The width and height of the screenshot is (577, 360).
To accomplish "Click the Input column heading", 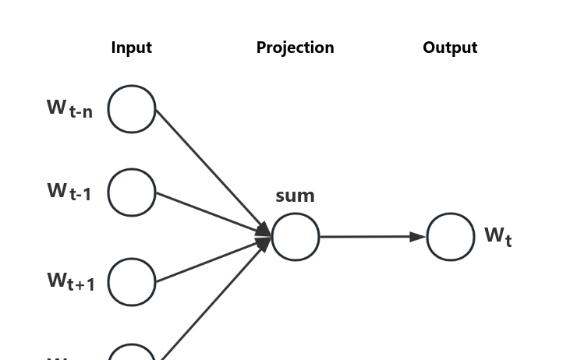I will pos(131,48).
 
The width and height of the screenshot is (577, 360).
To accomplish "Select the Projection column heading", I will pos(295,48).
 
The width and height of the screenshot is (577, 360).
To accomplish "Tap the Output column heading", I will pos(450,48).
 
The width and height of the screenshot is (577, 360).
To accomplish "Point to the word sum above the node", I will pos(295,196).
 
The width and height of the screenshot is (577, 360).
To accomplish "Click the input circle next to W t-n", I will pos(132,109).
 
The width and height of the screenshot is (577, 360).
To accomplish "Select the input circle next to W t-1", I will pos(132,192).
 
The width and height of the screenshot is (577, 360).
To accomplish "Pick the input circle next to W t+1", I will pos(132,282).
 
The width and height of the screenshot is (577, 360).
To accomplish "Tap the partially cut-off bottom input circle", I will pos(132,354).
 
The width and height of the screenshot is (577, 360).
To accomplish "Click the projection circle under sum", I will pos(296,237).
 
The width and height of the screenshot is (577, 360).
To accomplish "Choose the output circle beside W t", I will pos(451,237).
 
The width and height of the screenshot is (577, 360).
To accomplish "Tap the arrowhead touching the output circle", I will pos(418,236).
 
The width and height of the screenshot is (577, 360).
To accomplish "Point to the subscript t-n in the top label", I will pos(81,112).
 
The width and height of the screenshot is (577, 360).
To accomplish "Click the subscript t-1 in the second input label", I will pos(80,195).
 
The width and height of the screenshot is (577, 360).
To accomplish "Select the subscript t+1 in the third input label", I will pos(81,285).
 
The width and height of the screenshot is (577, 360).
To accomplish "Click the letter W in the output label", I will pos(494,234).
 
